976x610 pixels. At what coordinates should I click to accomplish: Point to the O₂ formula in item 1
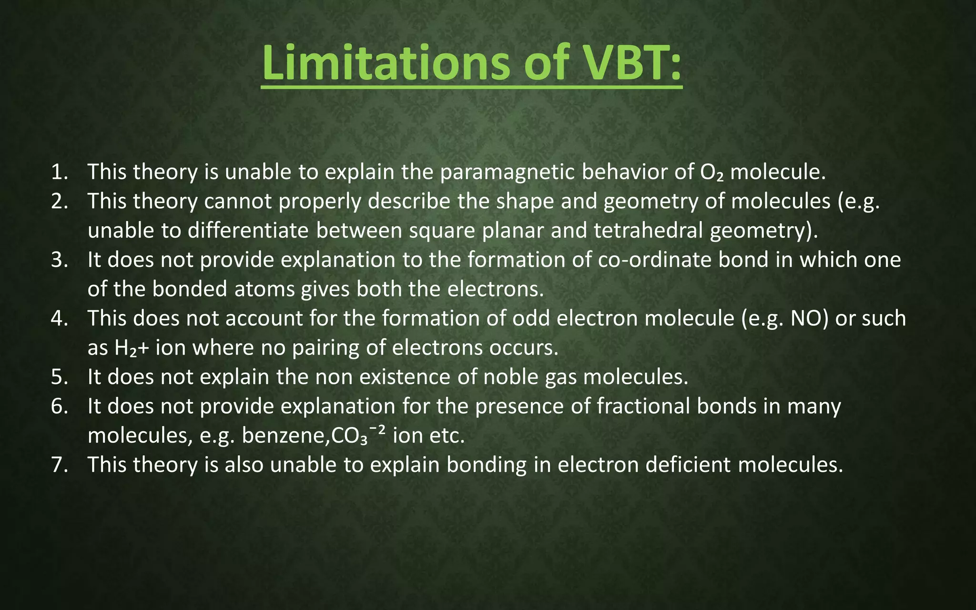pos(712,172)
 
